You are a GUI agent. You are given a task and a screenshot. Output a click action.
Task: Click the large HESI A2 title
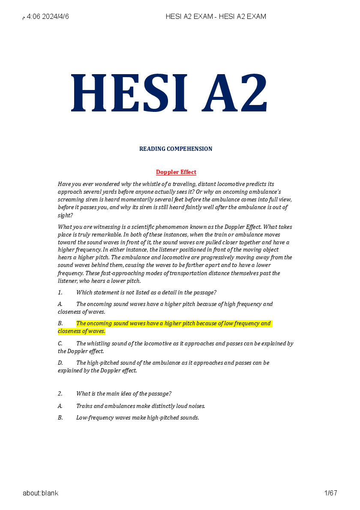170,93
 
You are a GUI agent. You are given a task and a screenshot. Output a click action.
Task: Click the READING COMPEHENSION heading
176,149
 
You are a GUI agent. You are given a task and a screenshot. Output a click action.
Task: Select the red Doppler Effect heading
176,172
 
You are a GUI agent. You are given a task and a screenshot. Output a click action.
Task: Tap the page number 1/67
331,493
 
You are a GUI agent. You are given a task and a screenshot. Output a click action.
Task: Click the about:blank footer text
41,493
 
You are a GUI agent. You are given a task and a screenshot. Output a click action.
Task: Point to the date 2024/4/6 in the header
56,17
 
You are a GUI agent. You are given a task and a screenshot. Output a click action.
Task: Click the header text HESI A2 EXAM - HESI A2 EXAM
216,17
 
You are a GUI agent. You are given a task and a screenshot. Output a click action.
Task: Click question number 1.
60,293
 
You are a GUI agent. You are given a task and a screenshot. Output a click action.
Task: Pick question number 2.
60,394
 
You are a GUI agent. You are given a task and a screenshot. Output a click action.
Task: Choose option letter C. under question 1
60,344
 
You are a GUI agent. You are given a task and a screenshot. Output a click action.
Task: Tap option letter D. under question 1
60,363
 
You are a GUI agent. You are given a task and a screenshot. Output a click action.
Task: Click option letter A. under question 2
60,406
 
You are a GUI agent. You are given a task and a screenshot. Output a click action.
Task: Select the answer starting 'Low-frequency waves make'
138,418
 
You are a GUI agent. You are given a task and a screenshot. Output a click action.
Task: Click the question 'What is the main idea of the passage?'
124,394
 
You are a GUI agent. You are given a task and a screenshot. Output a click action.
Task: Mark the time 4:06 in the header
34,17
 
